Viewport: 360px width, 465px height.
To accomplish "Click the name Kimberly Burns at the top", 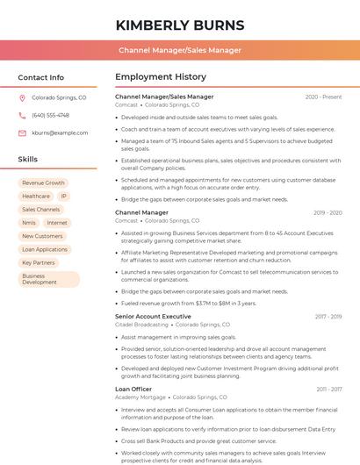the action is coord(179,24).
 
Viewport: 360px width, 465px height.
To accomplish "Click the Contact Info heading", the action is coord(40,77).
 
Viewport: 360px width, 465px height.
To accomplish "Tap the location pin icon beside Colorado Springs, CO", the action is coord(23,98).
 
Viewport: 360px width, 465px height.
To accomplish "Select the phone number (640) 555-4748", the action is coord(50,115).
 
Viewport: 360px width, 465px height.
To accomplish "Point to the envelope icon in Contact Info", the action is coord(23,132).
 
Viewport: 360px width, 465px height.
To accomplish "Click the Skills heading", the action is coord(28,160).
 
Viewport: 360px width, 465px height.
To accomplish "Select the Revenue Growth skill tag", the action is coord(43,183).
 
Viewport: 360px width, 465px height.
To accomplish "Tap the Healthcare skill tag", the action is coord(36,197).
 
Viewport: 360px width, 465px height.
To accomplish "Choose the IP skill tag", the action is coord(64,197).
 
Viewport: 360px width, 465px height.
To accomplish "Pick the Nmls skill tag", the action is coord(29,223).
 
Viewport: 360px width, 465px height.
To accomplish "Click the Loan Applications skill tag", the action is coord(45,249).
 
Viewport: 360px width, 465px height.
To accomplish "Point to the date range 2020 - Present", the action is coord(323,97).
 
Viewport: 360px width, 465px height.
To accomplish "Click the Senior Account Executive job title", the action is coord(153,316).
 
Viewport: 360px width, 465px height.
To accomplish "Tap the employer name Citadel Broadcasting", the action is coord(141,325).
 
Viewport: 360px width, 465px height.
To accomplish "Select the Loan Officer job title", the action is coord(133,388).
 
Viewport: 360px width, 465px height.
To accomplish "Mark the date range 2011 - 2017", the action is coord(329,389).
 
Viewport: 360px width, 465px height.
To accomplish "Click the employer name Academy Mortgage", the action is coord(140,397).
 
